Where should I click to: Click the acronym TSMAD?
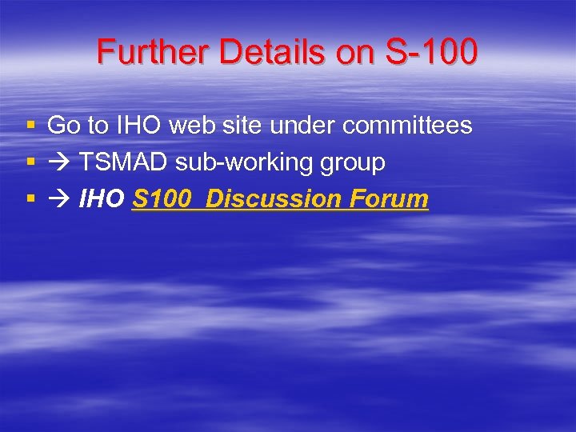point(124,162)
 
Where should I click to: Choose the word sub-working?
point(234,163)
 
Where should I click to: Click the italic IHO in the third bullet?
point(102,199)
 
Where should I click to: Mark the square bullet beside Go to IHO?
point(30,126)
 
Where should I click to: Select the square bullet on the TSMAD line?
point(30,162)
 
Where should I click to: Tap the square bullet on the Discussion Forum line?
point(30,199)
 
